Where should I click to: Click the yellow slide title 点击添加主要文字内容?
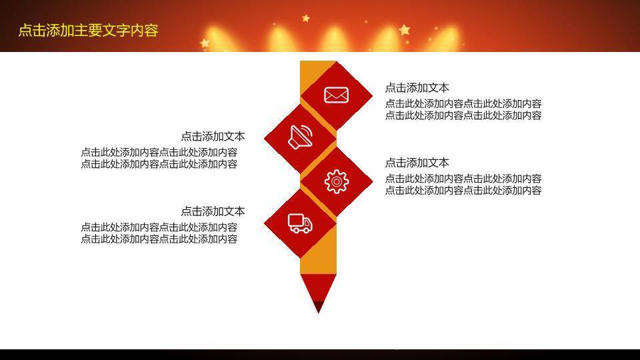pos(88,31)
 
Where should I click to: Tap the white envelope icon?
pos(337,95)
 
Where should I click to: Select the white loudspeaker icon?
pos(301,137)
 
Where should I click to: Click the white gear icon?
pos(337,181)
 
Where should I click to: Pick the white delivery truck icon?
pos(300,223)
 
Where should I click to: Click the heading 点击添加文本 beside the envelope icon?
pos(417,88)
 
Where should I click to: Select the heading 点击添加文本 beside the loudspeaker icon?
pos(213,137)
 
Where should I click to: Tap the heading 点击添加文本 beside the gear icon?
pos(417,163)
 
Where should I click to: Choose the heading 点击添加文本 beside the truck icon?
pos(213,211)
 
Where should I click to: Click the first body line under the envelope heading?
pos(463,104)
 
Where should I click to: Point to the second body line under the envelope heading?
pos(463,115)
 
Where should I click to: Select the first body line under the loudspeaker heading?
pos(159,153)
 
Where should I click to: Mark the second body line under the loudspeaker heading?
pos(159,164)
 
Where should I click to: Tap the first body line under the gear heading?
pos(463,179)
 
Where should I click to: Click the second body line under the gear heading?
pos(463,191)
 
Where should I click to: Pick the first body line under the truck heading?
pos(159,227)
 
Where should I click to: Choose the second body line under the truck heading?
pos(159,239)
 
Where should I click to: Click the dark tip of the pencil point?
pos(318,307)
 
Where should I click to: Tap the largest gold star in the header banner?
pos(404,29)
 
